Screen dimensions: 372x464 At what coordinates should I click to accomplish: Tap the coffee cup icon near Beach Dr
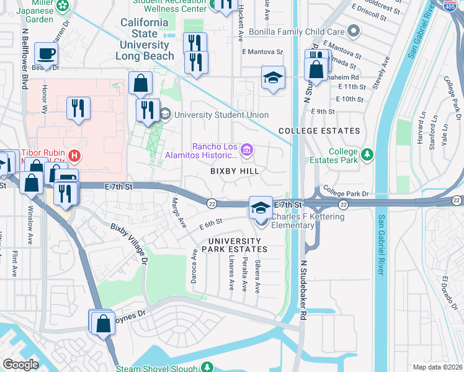(46, 53)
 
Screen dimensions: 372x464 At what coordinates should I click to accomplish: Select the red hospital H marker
(74, 154)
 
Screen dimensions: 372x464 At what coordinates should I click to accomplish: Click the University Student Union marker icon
(165, 114)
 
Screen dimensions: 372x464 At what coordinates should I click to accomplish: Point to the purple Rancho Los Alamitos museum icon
(247, 149)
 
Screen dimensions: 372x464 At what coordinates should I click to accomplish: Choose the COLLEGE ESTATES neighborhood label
(319, 131)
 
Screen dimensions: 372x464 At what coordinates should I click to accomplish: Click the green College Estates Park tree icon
(367, 153)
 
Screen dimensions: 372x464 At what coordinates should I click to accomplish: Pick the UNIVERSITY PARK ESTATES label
(238, 245)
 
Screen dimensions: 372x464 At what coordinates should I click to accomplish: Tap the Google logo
(20, 364)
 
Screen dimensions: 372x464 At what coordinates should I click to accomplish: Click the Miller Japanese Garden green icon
(63, 6)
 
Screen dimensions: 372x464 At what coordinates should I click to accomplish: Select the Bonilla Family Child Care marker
(353, 31)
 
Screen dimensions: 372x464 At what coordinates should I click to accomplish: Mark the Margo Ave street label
(179, 212)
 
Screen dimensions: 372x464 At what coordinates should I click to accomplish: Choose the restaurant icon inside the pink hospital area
(79, 108)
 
